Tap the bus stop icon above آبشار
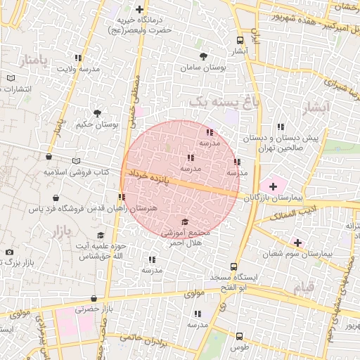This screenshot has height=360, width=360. click(240, 40)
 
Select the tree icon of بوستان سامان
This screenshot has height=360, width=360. click(204, 56)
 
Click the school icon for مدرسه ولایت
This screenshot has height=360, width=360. click(78, 58)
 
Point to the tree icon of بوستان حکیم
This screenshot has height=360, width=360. click(97, 112)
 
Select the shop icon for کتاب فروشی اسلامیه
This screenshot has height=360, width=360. click(49, 158)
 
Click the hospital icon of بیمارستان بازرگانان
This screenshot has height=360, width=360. click(272, 186)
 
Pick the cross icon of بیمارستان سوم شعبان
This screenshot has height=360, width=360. click(298, 243)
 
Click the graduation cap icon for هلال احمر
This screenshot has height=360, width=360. click(185, 221)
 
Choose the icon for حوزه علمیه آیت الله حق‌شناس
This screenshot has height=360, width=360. click(101, 236)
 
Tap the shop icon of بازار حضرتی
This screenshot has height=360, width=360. click(94, 298)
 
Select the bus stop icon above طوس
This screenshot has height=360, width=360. click(239, 337)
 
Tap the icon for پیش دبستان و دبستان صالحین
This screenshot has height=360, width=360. click(281, 127)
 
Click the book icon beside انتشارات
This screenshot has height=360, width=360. click(10, 78)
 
